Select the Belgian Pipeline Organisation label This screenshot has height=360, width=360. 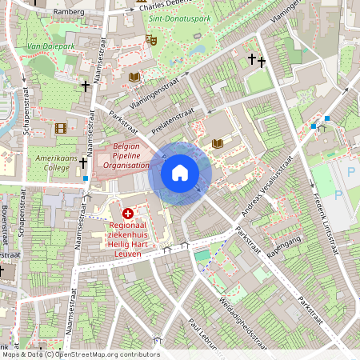click(126, 156)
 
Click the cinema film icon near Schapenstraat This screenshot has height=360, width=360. click(61, 128)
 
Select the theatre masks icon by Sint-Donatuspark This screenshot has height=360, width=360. click(150, 38)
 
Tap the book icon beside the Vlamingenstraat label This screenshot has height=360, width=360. click(134, 77)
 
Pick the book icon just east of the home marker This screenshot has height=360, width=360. click(218, 144)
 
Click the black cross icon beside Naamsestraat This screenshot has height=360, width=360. click(85, 86)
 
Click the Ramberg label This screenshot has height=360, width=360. click(68, 13)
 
